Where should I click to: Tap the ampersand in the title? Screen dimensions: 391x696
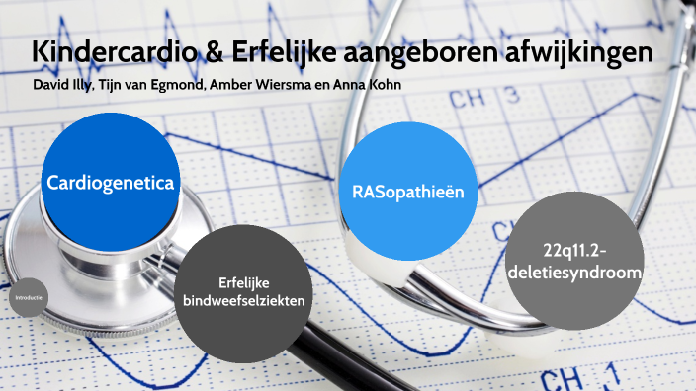pos(216,52)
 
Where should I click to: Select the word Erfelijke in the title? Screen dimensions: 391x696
pos(277,52)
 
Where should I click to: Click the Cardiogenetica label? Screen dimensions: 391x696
pos(110,183)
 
